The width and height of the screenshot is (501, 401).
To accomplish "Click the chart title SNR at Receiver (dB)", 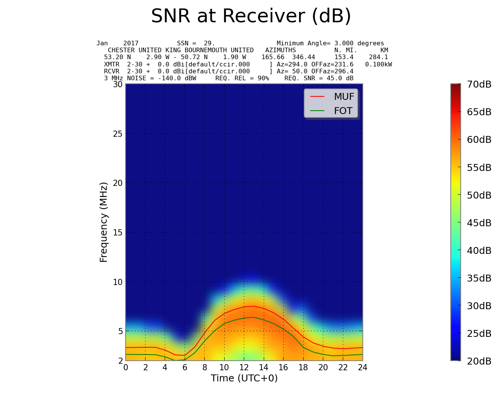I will (x=251, y=17).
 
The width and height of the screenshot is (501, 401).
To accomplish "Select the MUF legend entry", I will (x=344, y=97).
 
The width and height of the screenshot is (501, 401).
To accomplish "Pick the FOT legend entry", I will (x=343, y=111).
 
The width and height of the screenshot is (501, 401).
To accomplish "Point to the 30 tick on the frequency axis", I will (x=117, y=84).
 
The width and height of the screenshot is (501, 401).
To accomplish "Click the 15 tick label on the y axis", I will (x=117, y=232).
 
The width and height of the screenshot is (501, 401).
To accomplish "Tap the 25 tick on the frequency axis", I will (x=117, y=134).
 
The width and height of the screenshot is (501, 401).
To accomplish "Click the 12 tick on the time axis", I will (x=244, y=368).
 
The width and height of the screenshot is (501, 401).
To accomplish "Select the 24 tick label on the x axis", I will (x=362, y=368).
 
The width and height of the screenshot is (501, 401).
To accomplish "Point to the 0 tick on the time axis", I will (x=126, y=368).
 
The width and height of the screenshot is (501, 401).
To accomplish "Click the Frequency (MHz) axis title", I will (x=104, y=222).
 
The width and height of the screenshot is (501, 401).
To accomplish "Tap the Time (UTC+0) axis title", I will (x=244, y=378).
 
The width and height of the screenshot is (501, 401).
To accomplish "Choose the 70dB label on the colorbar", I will (x=479, y=85).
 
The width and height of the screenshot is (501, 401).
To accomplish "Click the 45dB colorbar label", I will (x=479, y=223).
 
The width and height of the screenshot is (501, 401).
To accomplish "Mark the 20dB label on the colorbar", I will (x=479, y=361).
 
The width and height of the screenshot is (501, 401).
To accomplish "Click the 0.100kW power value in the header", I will (x=379, y=65).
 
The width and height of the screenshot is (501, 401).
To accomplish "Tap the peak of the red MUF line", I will (x=254, y=306).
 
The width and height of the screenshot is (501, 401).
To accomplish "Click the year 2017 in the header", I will (x=131, y=43).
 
